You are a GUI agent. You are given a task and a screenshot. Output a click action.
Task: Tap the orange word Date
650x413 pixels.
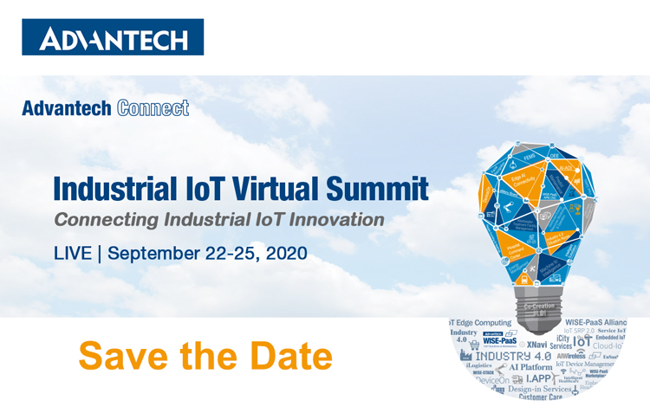[290, 356]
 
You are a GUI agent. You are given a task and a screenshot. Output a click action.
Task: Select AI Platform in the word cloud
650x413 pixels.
[531, 367]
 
